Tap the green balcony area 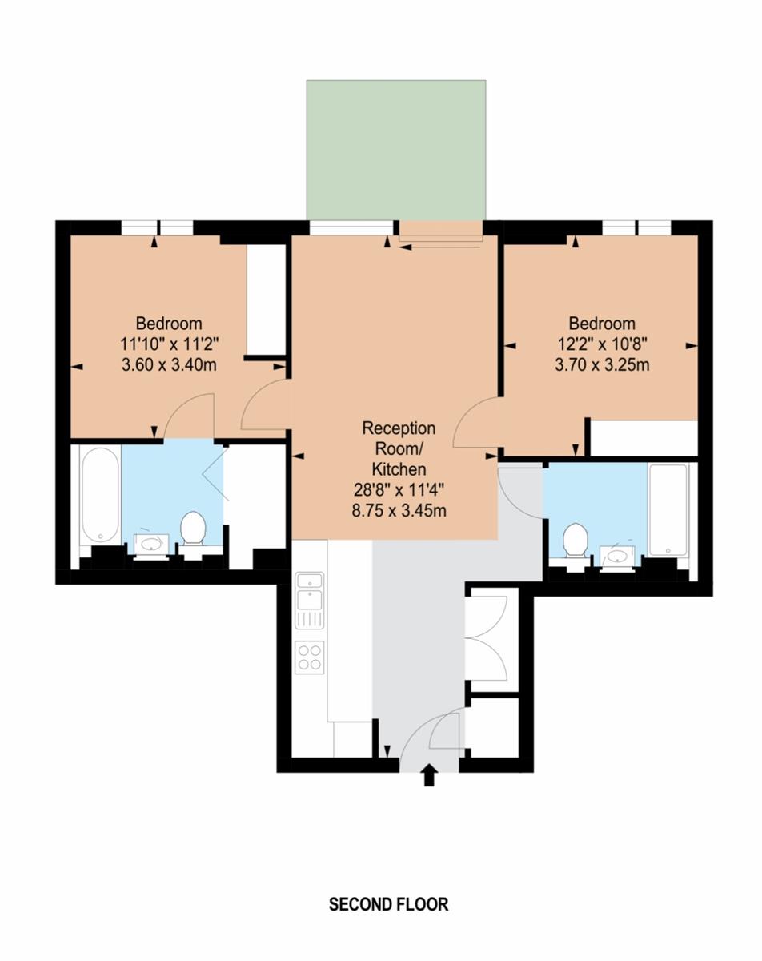click(x=396, y=150)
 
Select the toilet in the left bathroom click(x=193, y=529)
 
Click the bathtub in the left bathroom click(x=100, y=495)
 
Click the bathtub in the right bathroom click(x=668, y=510)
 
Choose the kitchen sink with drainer click(x=310, y=601)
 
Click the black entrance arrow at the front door click(x=428, y=774)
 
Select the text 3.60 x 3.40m click(x=169, y=365)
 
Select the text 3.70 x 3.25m click(x=602, y=365)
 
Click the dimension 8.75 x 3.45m click(x=399, y=510)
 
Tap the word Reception click(x=399, y=428)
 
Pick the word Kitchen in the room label click(x=399, y=469)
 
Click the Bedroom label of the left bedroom click(x=169, y=323)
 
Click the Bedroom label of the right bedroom click(x=602, y=323)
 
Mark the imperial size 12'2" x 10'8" click(x=602, y=344)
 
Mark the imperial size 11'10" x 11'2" click(x=169, y=344)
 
